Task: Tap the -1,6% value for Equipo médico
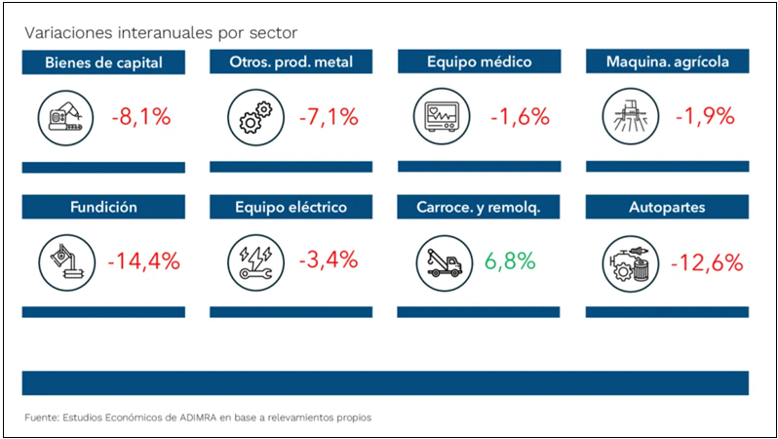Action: point(519,117)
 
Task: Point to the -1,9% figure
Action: point(704,117)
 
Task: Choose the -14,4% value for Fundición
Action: point(143,261)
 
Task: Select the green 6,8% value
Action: point(509,261)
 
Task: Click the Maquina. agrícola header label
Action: point(670,63)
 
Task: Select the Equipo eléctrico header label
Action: point(291,207)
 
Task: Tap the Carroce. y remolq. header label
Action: point(478,207)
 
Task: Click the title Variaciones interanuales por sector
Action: point(162,33)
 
